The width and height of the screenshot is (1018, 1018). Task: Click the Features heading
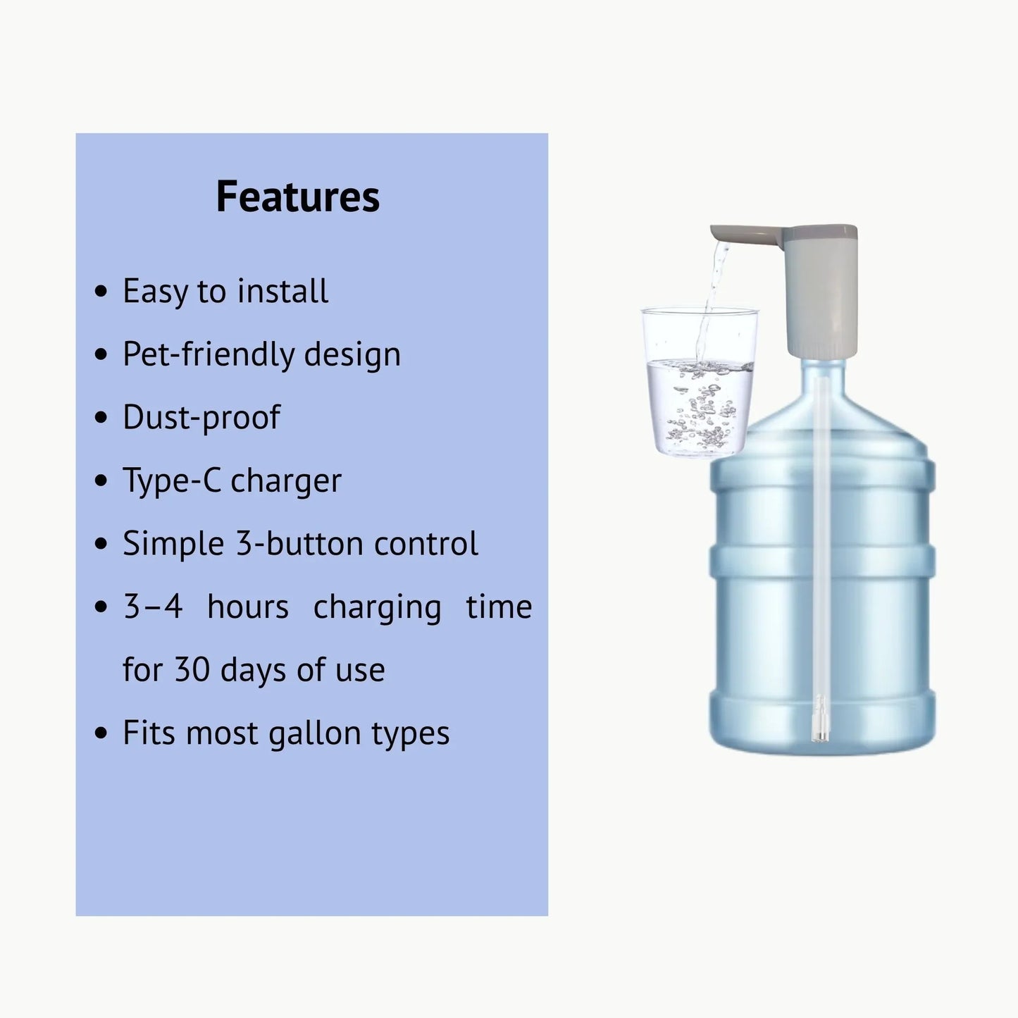pyautogui.click(x=297, y=197)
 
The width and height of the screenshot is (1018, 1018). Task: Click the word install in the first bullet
pyautogui.click(x=283, y=291)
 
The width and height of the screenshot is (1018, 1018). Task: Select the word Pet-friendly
pyautogui.click(x=209, y=354)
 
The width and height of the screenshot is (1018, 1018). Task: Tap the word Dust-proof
pyautogui.click(x=201, y=417)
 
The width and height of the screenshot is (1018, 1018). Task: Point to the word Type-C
pyautogui.click(x=170, y=480)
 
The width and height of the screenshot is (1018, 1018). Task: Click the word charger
pyautogui.click(x=286, y=480)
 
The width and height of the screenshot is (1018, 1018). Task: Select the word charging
pyautogui.click(x=377, y=607)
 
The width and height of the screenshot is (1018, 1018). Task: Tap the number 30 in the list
pyautogui.click(x=192, y=669)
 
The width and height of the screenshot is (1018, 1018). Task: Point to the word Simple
pyautogui.click(x=173, y=545)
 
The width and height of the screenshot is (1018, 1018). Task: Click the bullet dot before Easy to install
pyautogui.click(x=101, y=291)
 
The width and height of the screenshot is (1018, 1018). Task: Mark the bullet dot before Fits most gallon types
pyautogui.click(x=101, y=733)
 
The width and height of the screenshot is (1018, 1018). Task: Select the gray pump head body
pyautogui.click(x=821, y=289)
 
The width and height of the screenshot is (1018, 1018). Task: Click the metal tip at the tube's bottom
pyautogui.click(x=819, y=719)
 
